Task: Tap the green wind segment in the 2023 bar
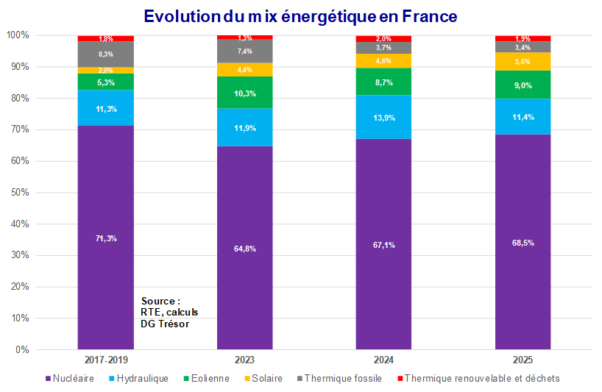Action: tap(244, 93)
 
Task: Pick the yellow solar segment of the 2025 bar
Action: tap(523, 62)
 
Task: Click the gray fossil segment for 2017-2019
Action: tap(105, 54)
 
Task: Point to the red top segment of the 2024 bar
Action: tap(383, 38)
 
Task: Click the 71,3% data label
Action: tap(105, 238)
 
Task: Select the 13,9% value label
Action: tap(383, 118)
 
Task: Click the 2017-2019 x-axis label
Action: tap(105, 360)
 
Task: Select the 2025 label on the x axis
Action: tap(523, 360)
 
